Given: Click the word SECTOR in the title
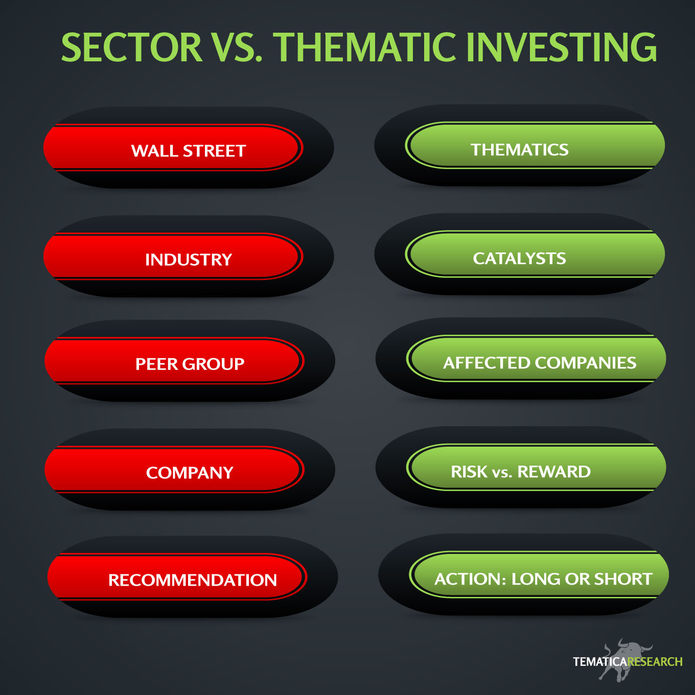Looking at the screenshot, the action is click(131, 47).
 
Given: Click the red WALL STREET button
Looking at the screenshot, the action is click(173, 148).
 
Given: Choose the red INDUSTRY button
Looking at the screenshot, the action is click(173, 257).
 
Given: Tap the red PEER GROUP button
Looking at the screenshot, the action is click(174, 361).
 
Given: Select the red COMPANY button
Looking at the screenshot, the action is click(174, 470).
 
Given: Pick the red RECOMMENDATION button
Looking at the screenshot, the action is click(177, 577).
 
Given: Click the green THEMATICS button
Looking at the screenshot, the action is click(535, 145).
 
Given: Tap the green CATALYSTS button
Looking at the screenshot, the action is click(535, 254).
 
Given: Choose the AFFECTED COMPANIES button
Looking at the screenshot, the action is click(536, 359).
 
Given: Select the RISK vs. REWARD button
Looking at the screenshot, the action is click(536, 468).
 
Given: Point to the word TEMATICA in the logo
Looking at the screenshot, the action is click(600, 662).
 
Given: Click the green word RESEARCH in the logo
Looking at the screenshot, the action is click(655, 662).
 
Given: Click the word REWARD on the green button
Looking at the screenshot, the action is click(554, 472).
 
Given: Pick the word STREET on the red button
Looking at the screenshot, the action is click(214, 151).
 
